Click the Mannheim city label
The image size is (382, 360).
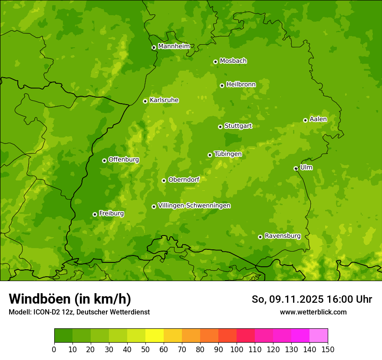(x=174, y=46)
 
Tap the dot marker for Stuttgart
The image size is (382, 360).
(x=220, y=127)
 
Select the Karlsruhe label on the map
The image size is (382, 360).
(x=164, y=100)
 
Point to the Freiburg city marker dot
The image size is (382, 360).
(x=95, y=214)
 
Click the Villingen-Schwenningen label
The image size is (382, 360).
(x=194, y=206)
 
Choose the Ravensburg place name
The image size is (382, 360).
(x=282, y=236)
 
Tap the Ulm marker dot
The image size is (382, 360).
(x=296, y=168)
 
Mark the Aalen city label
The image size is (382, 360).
(x=318, y=119)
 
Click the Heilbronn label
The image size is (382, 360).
(x=241, y=85)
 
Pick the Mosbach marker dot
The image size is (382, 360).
(x=215, y=62)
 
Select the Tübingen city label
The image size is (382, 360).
(x=228, y=154)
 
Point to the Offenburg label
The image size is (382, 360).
(x=124, y=160)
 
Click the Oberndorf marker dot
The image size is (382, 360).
(x=164, y=180)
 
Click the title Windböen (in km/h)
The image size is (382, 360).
(x=69, y=299)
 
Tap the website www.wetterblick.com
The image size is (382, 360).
(x=313, y=312)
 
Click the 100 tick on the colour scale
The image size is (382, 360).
(x=237, y=349)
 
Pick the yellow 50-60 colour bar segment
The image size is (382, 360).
(x=155, y=335)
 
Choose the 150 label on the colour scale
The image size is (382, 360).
(x=328, y=349)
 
